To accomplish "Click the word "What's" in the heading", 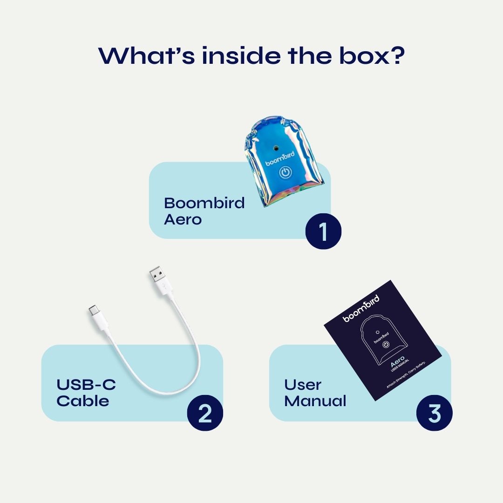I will (142, 55).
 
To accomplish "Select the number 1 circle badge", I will (323, 231).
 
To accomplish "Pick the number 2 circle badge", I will (205, 413).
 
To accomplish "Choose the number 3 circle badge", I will (434, 413).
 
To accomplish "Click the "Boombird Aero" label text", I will (204, 211).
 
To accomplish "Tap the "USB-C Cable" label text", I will (86, 393).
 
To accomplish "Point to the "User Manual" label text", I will (315, 393).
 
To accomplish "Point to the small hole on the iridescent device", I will (276, 147).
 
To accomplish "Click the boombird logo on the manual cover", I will (361, 308).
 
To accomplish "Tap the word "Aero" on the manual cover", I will (397, 361).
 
